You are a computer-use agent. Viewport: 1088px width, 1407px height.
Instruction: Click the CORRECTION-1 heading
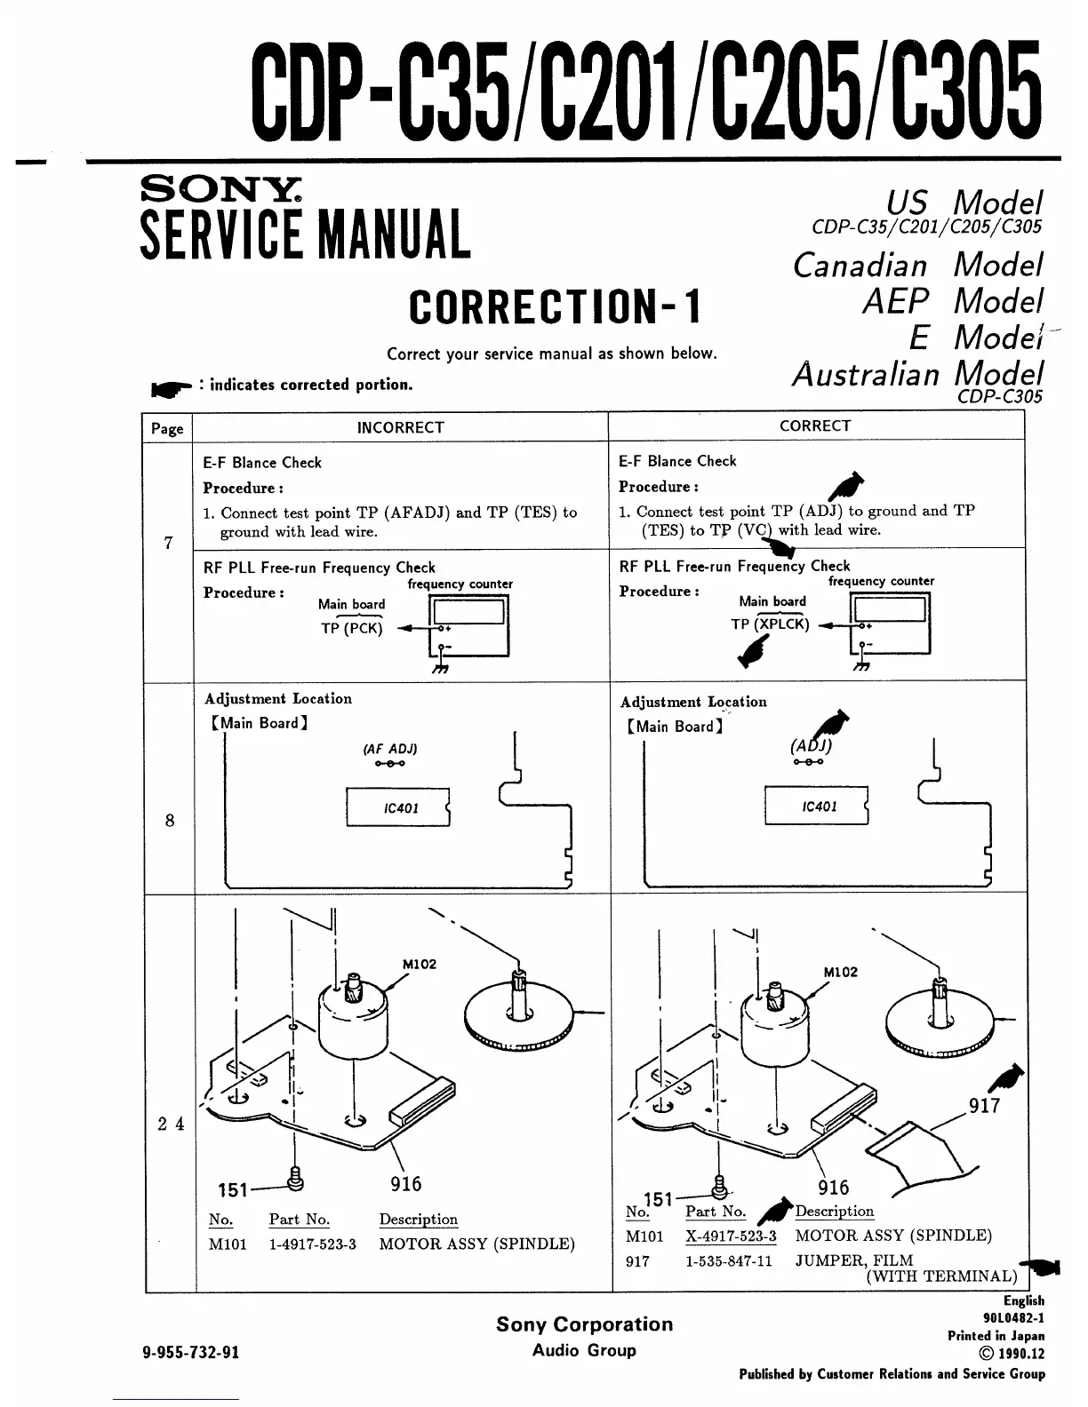click(555, 307)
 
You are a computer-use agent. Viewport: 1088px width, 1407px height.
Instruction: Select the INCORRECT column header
click(400, 427)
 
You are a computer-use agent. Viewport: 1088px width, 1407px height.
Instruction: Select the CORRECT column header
click(815, 425)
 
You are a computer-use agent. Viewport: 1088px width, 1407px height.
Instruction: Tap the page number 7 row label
click(169, 543)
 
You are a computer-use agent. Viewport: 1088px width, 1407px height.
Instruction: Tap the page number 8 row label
click(170, 820)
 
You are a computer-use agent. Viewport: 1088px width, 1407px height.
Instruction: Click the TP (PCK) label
click(352, 628)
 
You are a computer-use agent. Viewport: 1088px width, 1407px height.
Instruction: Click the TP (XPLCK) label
click(770, 624)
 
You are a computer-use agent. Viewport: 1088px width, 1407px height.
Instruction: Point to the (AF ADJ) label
click(389, 748)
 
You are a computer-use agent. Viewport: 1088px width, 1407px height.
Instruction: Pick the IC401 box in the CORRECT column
click(816, 807)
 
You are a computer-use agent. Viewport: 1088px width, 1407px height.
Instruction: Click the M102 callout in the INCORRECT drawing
click(419, 964)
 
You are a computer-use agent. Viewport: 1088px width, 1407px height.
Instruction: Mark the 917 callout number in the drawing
click(984, 1106)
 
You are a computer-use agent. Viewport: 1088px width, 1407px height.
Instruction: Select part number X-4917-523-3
click(731, 1236)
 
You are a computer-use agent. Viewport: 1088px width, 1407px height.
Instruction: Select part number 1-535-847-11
click(729, 1260)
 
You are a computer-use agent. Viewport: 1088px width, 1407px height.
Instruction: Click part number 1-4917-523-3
click(312, 1244)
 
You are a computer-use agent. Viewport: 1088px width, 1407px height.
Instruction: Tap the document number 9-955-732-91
click(191, 1353)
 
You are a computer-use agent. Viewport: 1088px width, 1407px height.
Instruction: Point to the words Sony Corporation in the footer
click(584, 1324)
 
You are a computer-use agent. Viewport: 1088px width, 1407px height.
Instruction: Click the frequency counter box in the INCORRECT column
click(468, 625)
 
